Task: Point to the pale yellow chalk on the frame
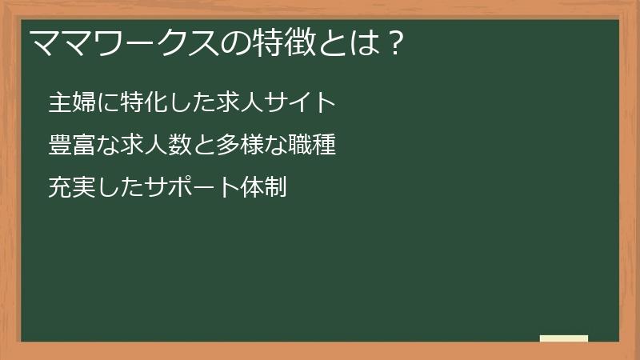[564, 338]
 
